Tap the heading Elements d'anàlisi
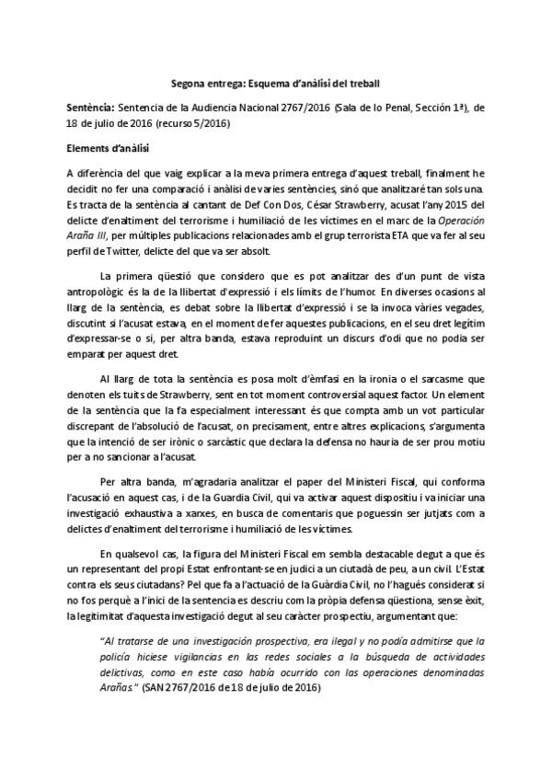[x=109, y=147]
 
